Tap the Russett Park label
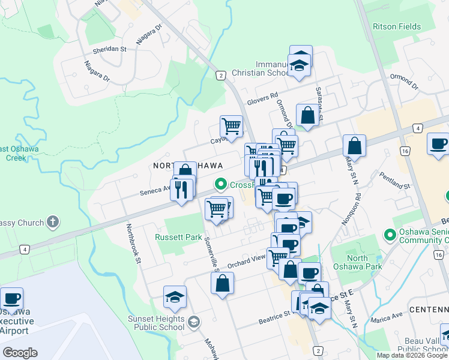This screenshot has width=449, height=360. tap(178, 237)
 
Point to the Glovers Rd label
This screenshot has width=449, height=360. tap(263, 95)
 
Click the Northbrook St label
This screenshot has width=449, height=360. tap(133, 244)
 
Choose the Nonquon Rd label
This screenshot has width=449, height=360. tap(358, 205)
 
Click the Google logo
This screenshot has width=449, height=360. tap(20, 353)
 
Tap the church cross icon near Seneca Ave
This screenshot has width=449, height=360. tap(53, 222)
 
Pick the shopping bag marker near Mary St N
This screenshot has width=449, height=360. tap(354, 145)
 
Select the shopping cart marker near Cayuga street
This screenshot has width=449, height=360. tap(231, 126)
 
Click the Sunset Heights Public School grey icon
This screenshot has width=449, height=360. tap(193, 323)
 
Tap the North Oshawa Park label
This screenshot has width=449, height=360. tap(366, 262)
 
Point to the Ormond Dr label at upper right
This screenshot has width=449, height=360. tap(402, 79)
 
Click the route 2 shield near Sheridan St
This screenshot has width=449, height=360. tap(221, 75)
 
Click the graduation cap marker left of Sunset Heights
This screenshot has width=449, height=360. tap(175, 296)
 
